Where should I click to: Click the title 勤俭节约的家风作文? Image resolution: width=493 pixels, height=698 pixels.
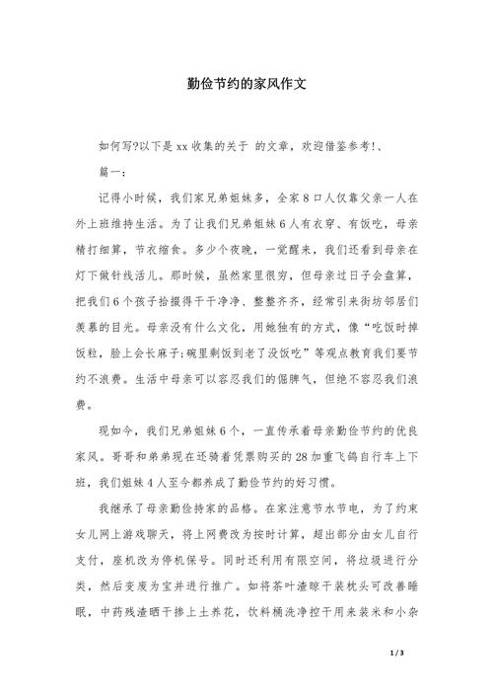pos(246,84)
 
